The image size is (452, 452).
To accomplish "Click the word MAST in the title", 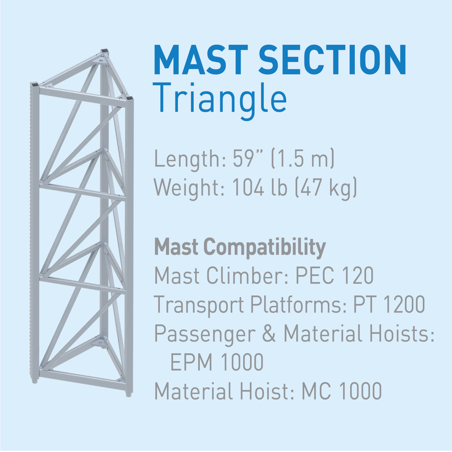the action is (201, 60).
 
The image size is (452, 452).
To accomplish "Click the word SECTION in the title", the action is (332, 60).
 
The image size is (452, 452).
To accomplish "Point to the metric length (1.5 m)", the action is (303, 158).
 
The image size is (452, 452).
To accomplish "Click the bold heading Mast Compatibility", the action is (240, 247).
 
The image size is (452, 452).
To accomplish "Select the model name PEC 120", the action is (335, 275).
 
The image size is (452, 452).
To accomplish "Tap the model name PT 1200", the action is (389, 304).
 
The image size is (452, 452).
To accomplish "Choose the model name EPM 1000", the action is (217, 362).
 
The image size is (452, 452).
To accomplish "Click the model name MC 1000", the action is (342, 391).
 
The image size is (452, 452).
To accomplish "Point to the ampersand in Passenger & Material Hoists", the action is (269, 333).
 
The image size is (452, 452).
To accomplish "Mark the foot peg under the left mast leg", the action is (35, 381).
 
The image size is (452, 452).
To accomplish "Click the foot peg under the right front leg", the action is (129, 394).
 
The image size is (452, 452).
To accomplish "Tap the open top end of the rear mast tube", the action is (105, 52).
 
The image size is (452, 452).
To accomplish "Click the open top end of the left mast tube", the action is (34, 84).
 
